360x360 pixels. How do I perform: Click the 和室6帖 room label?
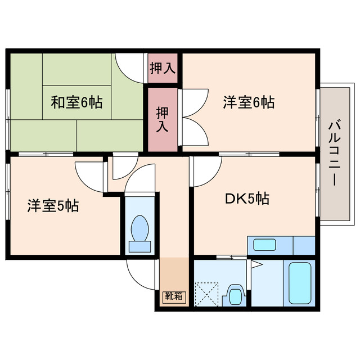pos(76,103)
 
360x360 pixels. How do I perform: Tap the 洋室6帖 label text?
pos(249,102)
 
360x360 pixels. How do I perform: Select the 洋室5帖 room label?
pos(53,206)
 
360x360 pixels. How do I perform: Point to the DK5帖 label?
pos(247,199)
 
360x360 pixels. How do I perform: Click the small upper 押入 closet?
pos(163,68)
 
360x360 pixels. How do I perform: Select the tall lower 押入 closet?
pos(163,119)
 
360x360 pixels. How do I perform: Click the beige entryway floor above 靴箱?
pos(174,273)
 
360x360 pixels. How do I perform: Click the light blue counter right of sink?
pos(304,245)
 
